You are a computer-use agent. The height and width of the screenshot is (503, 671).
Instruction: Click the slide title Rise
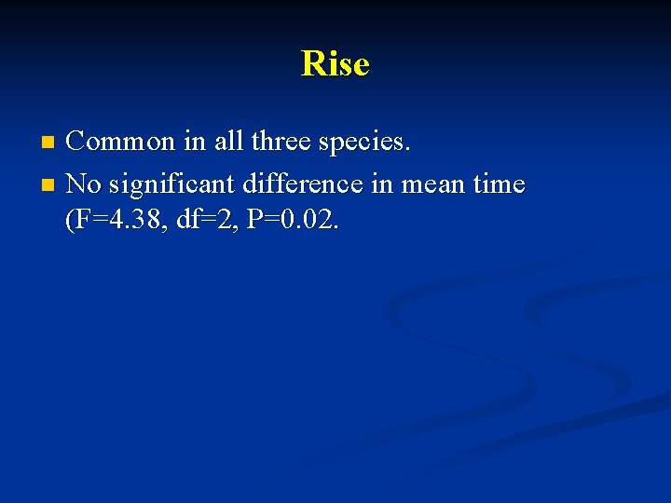(x=335, y=64)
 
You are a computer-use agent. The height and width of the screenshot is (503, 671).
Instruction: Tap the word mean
(x=433, y=184)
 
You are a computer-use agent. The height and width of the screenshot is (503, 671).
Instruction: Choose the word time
(x=499, y=184)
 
